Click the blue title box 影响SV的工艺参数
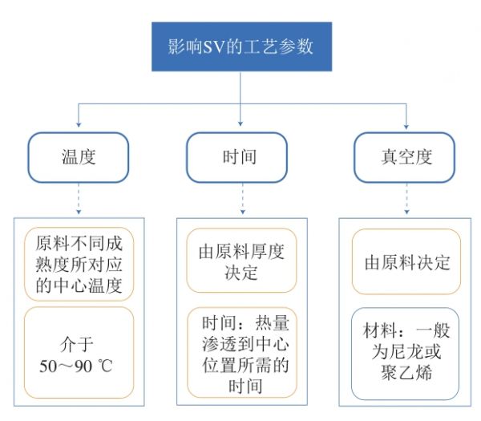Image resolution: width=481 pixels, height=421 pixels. tap(242, 47)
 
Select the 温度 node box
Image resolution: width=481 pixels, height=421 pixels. tap(79, 157)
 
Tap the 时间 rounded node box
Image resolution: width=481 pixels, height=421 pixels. tap(236, 157)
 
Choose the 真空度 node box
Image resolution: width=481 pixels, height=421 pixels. tap(405, 157)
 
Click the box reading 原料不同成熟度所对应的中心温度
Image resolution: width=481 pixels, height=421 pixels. tap(79, 264)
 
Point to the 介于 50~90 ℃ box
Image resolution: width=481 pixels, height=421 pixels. tap(79, 353)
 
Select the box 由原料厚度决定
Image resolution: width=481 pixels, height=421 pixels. tap(242, 260)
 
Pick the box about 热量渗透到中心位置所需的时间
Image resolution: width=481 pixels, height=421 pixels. tap(242, 353)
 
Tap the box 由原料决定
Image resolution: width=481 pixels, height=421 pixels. tap(406, 261)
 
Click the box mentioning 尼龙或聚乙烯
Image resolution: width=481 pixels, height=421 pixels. tap(405, 354)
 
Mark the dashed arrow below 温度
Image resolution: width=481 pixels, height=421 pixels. tap(79, 199)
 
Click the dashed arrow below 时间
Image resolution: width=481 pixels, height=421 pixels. tap(243, 199)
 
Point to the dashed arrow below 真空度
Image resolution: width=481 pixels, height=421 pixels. tap(406, 199)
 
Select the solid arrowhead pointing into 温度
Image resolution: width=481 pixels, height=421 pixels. tap(79, 124)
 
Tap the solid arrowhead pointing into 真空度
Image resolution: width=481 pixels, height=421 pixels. tap(406, 127)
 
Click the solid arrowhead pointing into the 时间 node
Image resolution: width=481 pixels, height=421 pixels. tap(240, 123)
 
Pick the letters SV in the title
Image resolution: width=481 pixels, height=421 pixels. tap(214, 47)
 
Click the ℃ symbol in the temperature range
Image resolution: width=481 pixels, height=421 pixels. tap(105, 366)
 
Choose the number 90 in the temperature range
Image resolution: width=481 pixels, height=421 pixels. tap(83, 366)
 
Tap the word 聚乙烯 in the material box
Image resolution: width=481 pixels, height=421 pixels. tap(406, 372)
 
